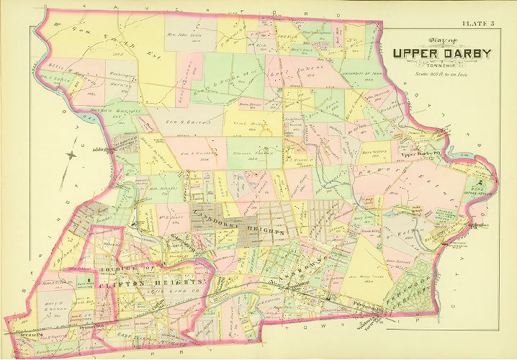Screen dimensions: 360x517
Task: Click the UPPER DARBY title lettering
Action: click(x=442, y=53)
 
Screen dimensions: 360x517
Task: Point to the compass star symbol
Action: click(x=69, y=153)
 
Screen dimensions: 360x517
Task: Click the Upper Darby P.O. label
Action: click(x=420, y=155)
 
